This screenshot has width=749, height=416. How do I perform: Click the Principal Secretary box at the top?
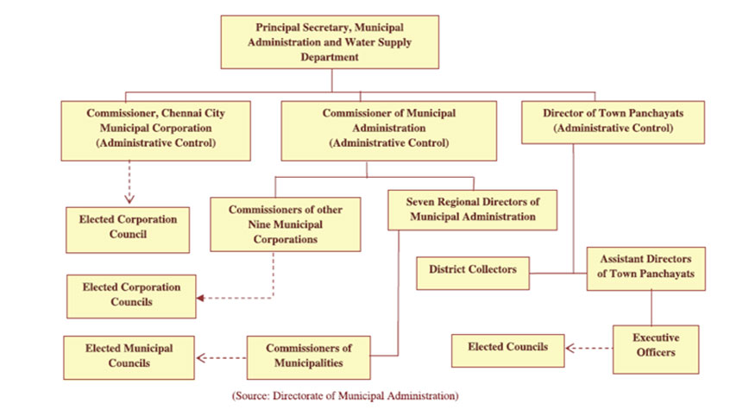[330, 42]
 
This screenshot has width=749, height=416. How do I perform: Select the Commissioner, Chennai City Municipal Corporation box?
[155, 130]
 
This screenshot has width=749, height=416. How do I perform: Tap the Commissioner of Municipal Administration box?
[389, 130]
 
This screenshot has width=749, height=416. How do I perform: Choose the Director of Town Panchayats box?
[613, 123]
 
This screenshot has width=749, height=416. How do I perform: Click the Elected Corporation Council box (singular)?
[128, 230]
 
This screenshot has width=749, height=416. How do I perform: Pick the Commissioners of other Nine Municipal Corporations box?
[285, 224]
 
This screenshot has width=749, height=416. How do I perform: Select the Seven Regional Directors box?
[472, 210]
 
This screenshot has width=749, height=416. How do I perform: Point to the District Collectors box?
[473, 274]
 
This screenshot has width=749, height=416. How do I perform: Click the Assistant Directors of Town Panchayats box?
[645, 268]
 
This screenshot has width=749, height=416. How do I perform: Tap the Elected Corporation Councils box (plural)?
[131, 296]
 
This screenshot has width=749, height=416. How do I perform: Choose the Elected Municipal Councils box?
[129, 357]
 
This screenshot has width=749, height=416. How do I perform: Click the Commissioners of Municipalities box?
[309, 357]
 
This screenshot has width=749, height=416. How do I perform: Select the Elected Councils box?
[507, 350]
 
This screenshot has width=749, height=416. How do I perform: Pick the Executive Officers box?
[656, 350]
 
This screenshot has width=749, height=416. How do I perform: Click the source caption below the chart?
[345, 396]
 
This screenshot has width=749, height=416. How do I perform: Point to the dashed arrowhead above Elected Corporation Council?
[129, 199]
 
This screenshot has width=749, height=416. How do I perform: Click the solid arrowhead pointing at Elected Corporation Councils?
[200, 298]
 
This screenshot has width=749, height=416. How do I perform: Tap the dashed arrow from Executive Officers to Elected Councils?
[589, 348]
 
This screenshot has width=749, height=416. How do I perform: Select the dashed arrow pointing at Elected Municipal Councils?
[222, 357]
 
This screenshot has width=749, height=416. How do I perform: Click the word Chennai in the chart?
[181, 113]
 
